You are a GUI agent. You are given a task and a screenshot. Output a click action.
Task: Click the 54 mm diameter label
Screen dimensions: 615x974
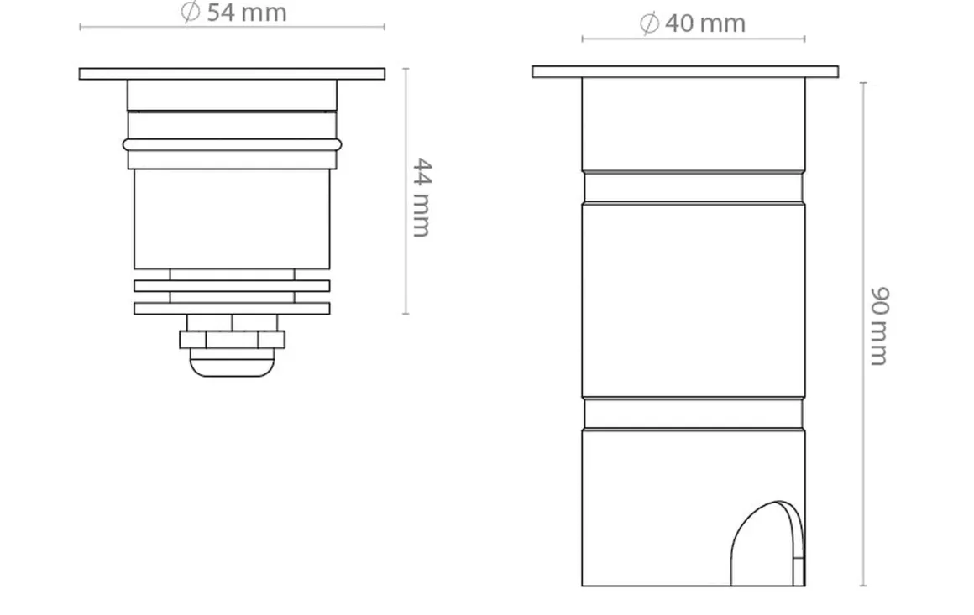(234, 13)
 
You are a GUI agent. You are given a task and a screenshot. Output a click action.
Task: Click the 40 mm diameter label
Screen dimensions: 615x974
(693, 23)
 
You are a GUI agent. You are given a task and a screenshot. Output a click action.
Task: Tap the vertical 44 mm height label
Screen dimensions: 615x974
(422, 197)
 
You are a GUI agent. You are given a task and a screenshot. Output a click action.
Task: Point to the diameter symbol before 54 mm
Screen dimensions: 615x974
(191, 13)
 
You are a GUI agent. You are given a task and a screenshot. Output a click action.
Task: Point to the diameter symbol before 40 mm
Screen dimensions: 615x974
(649, 23)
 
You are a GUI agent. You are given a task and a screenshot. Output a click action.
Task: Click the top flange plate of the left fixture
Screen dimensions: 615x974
(232, 74)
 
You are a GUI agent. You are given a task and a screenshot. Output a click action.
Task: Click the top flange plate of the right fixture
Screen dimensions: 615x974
(684, 72)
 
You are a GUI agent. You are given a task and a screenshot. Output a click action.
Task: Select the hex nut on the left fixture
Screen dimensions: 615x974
(232, 340)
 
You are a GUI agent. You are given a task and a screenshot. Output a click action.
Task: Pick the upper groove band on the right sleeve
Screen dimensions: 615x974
(693, 187)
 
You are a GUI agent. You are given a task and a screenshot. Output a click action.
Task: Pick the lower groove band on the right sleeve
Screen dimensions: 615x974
(693, 414)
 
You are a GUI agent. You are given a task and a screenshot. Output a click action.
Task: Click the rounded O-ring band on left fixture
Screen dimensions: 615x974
(232, 144)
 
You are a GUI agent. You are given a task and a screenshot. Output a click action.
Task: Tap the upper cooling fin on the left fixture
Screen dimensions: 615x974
(232, 286)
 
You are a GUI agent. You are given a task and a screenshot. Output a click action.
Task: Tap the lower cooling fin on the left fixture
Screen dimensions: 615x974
(232, 309)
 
